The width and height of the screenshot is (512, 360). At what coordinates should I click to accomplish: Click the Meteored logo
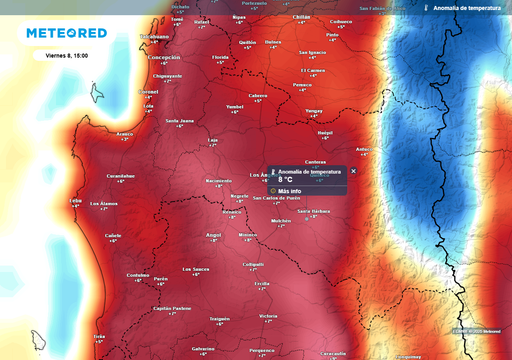click(65, 33)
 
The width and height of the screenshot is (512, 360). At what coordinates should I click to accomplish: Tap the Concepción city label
click(164, 58)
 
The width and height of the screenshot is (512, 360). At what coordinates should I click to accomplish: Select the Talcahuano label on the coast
click(154, 36)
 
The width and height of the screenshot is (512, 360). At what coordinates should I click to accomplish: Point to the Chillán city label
click(302, 17)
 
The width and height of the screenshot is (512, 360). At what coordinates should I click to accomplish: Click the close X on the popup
click(353, 171)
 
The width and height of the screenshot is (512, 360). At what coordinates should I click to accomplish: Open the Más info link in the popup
click(290, 190)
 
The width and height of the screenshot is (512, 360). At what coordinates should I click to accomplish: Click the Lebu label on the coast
click(75, 200)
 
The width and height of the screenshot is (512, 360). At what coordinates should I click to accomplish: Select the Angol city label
click(212, 235)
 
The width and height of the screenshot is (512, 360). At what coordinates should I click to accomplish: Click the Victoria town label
click(267, 316)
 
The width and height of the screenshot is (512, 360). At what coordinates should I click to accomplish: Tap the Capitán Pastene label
click(172, 308)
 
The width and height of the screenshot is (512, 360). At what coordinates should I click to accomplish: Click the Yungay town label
click(314, 110)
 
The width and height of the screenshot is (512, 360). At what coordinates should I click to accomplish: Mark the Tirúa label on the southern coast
click(98, 337)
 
